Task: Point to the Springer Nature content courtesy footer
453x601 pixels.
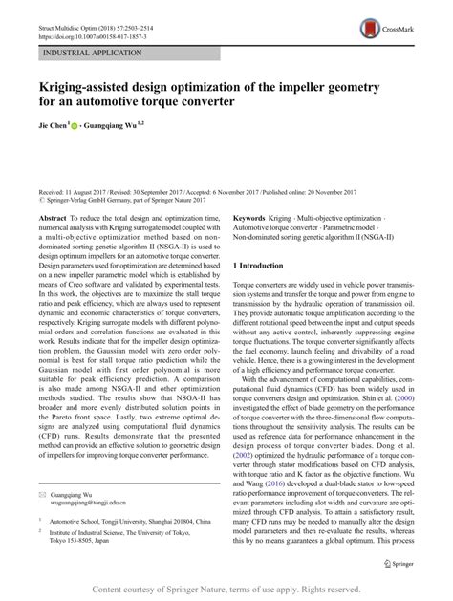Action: click(226, 587)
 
